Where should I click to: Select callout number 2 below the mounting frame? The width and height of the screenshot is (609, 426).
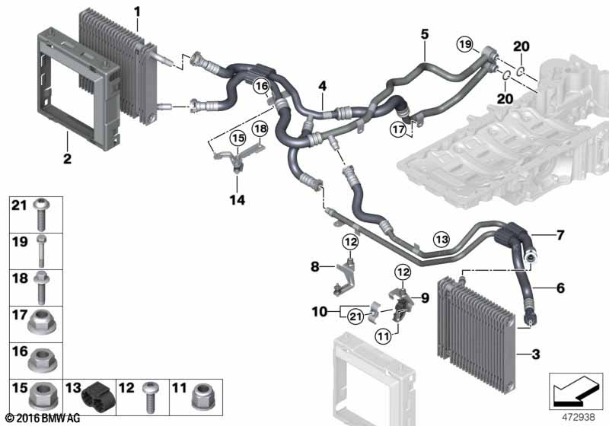67,159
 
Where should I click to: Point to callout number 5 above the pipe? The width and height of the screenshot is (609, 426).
425,34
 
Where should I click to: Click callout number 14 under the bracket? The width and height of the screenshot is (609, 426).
238,200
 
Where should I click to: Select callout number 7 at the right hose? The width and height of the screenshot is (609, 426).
560,235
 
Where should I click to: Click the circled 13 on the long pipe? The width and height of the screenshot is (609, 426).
442,239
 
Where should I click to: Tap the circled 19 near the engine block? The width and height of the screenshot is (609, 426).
465,46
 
